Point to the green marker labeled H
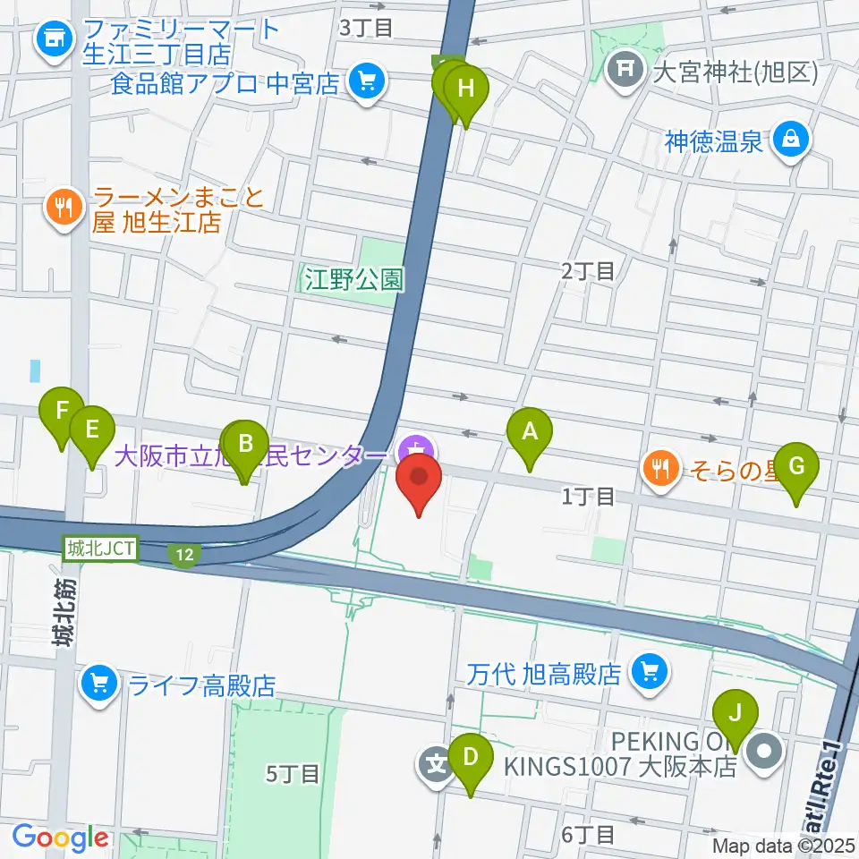coord(466,89)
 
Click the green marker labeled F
coord(62,412)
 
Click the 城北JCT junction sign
coord(100,549)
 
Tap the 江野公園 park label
coord(352,279)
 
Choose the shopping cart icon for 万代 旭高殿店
coord(649,672)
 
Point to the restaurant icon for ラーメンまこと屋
coord(63,208)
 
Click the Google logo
coord(60,838)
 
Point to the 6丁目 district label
coord(588,834)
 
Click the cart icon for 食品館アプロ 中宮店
coord(366,83)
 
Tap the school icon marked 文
coord(436,766)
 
